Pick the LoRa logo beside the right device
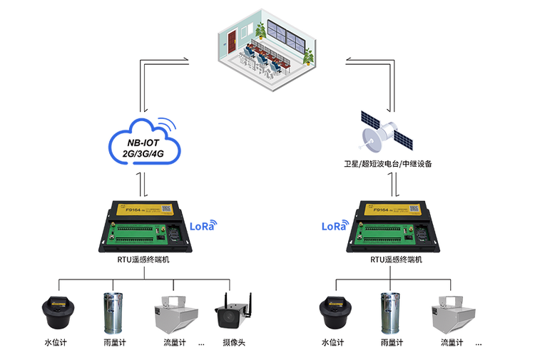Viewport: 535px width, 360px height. [x=333, y=227]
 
